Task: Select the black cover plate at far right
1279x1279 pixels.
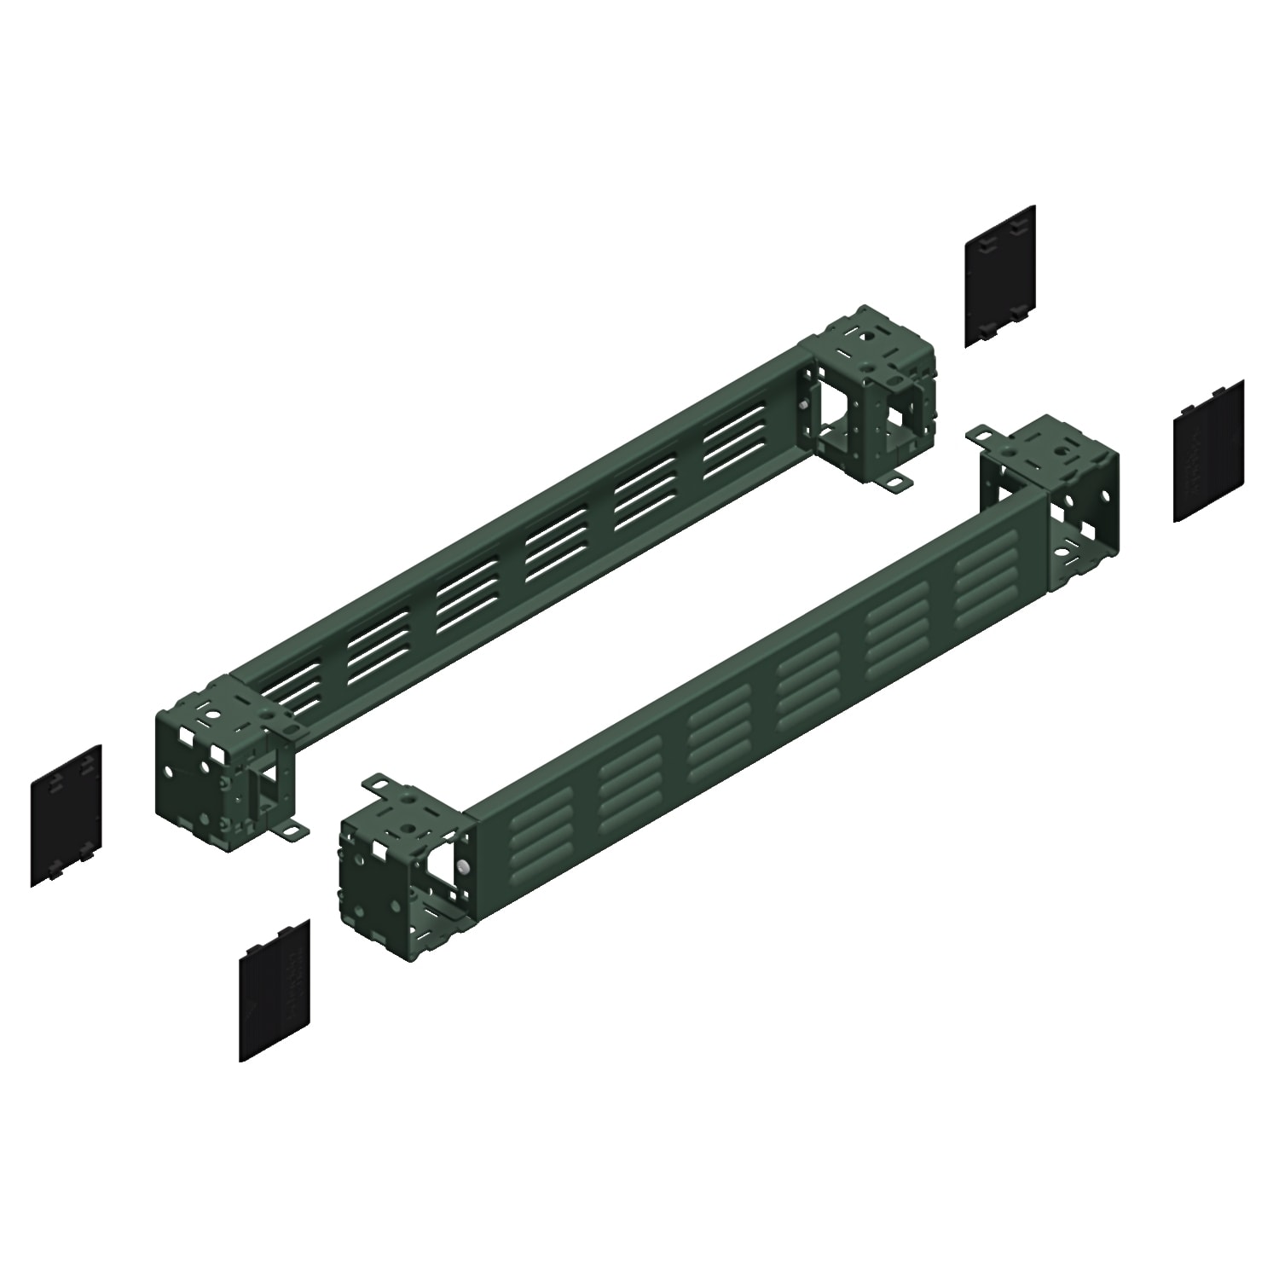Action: point(1208,451)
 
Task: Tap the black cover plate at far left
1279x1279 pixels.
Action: point(66,815)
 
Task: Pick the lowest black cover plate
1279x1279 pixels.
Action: point(273,990)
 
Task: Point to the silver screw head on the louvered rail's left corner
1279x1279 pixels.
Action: point(461,865)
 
